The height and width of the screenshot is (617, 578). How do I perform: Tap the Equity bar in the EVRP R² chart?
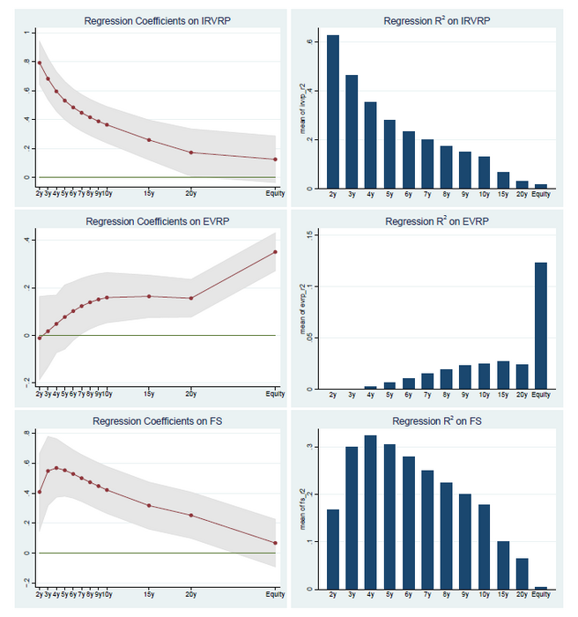(542, 325)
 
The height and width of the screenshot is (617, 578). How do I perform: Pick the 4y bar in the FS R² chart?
(370, 512)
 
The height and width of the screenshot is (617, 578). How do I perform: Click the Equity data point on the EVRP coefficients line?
(276, 252)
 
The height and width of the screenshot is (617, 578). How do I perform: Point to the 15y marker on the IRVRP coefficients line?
(149, 140)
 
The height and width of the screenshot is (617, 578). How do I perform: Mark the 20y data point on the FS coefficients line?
(190, 516)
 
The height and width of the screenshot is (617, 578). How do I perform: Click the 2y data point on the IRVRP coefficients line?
(40, 63)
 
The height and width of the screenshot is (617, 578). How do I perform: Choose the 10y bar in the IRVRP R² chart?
(485, 173)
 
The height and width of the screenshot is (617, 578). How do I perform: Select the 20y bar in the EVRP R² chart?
(522, 376)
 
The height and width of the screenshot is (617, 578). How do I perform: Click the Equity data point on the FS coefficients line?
(276, 543)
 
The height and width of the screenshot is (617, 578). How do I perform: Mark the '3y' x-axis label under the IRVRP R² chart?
(352, 195)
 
